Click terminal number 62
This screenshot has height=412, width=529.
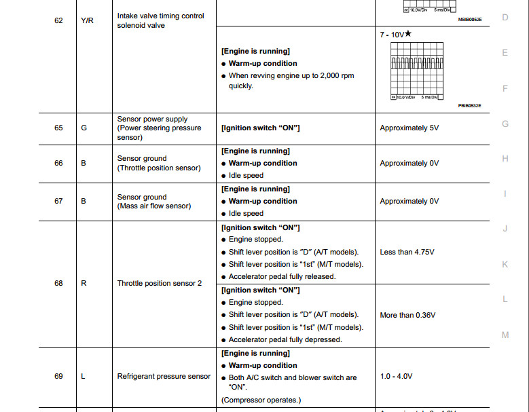tap(58, 20)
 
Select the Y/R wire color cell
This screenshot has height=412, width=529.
tap(87, 20)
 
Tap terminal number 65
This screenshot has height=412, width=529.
tap(58, 128)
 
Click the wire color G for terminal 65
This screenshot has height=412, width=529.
tap(84, 128)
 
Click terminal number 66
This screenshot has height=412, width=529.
tap(58, 163)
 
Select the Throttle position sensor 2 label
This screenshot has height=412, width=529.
tap(160, 283)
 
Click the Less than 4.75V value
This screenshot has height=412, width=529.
tap(407, 252)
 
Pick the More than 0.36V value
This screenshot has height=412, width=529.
tap(407, 315)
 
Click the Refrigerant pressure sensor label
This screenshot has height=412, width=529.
tap(164, 376)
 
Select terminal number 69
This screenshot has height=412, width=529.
tap(58, 376)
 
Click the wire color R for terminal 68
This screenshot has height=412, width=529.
tap(84, 283)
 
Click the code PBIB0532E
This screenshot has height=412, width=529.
tap(469, 106)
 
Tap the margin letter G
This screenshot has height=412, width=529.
tap(505, 124)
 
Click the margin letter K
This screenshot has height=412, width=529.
tap(505, 264)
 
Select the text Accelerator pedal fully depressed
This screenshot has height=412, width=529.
tap(285, 339)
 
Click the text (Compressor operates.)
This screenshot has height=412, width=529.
tap(261, 400)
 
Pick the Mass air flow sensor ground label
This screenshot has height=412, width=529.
tap(154, 202)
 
